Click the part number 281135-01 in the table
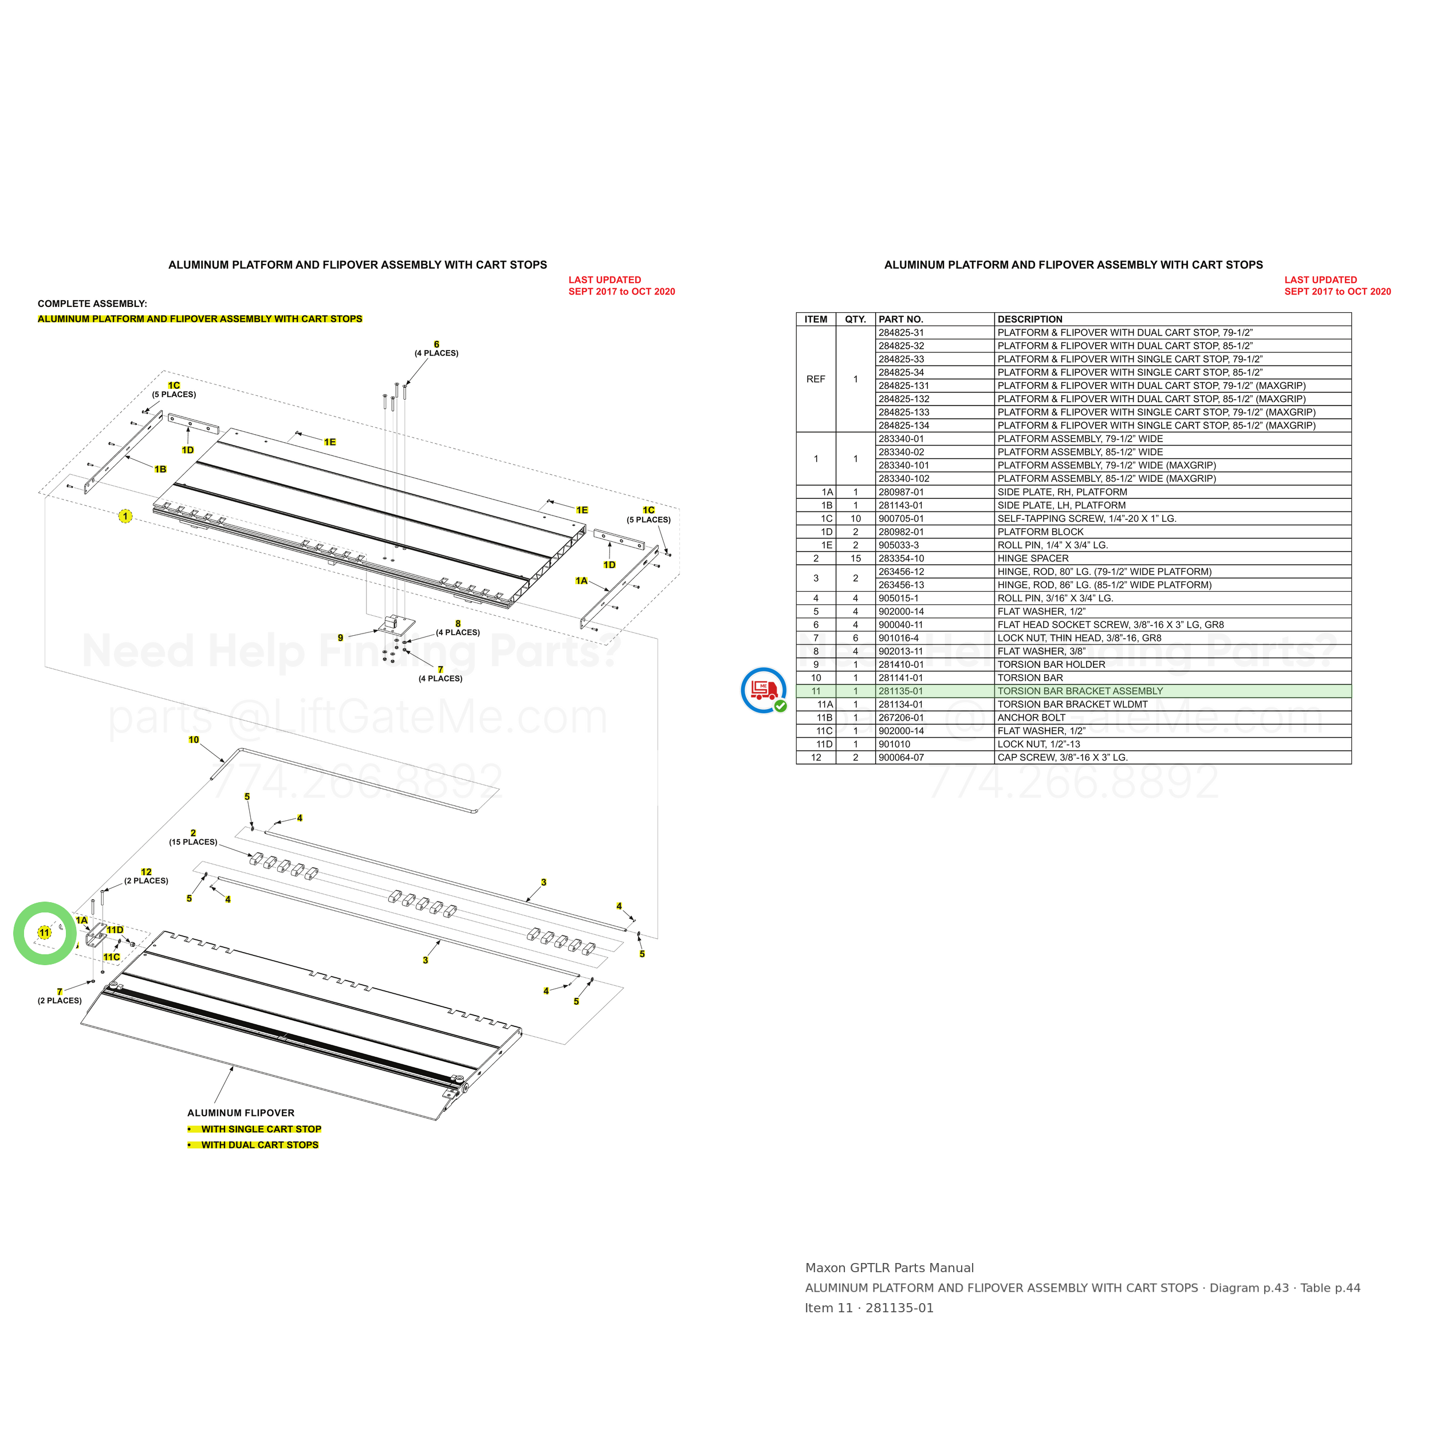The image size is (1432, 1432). tap(900, 691)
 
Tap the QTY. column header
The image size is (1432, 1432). tap(855, 320)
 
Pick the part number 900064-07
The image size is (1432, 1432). tap(900, 757)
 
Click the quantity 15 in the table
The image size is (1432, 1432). tap(855, 558)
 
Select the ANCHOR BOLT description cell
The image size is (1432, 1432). tap(1031, 718)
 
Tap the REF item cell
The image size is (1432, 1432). tap(815, 379)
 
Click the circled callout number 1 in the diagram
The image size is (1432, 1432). tap(125, 516)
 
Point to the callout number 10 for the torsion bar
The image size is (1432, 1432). tap(194, 739)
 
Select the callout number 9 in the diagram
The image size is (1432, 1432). tap(340, 638)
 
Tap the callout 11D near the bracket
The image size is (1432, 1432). tap(115, 930)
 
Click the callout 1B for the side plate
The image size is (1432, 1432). tap(160, 469)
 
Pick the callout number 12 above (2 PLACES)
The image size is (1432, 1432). tap(146, 872)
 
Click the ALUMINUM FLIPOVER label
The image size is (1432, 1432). tap(241, 1112)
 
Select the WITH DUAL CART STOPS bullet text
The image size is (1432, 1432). tap(260, 1144)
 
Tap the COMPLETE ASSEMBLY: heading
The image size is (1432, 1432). tap(93, 304)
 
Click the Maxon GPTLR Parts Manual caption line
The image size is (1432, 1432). tap(890, 1268)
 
